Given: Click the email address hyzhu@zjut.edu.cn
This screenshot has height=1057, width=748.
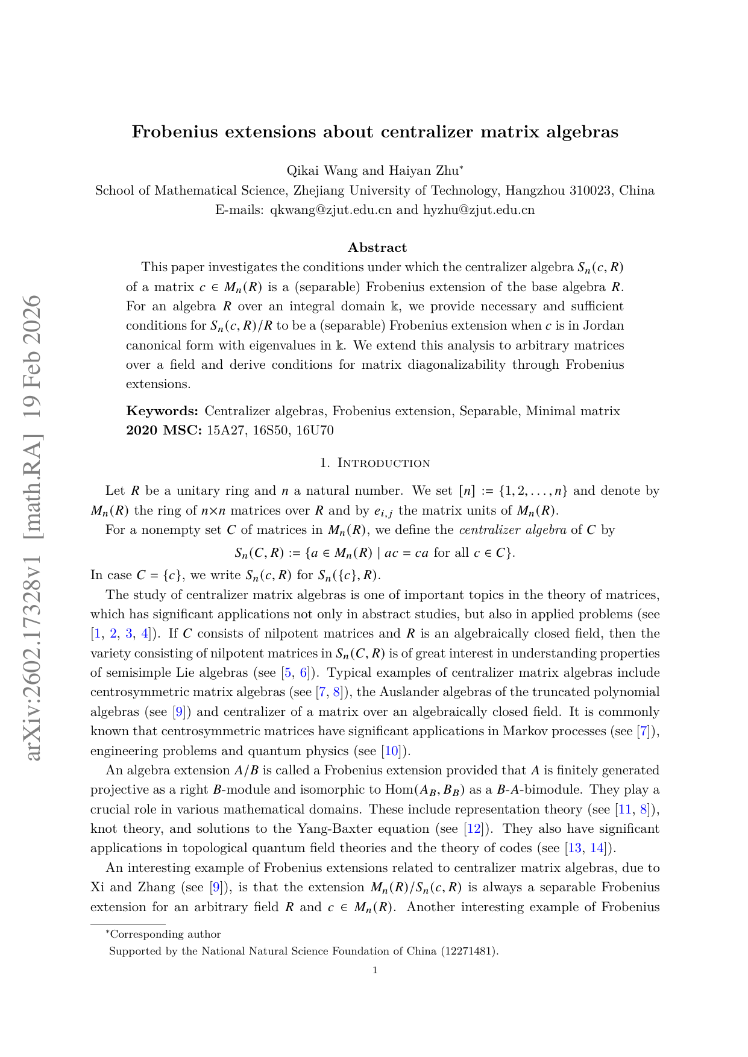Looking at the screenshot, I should click(479, 210).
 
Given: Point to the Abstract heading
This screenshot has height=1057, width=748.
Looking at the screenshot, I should click(377, 248).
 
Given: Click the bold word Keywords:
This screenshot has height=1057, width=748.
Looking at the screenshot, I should click(162, 411).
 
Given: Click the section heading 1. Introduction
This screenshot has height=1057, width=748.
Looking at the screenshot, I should click(375, 463).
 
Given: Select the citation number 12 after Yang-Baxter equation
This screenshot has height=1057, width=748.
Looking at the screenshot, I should click(473, 829).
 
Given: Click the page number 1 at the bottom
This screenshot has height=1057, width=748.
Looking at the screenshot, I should click(375, 970).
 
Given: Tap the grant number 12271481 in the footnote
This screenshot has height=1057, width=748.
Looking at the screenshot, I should click(468, 951).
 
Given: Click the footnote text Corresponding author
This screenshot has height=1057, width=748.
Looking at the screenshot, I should click(165, 934).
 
